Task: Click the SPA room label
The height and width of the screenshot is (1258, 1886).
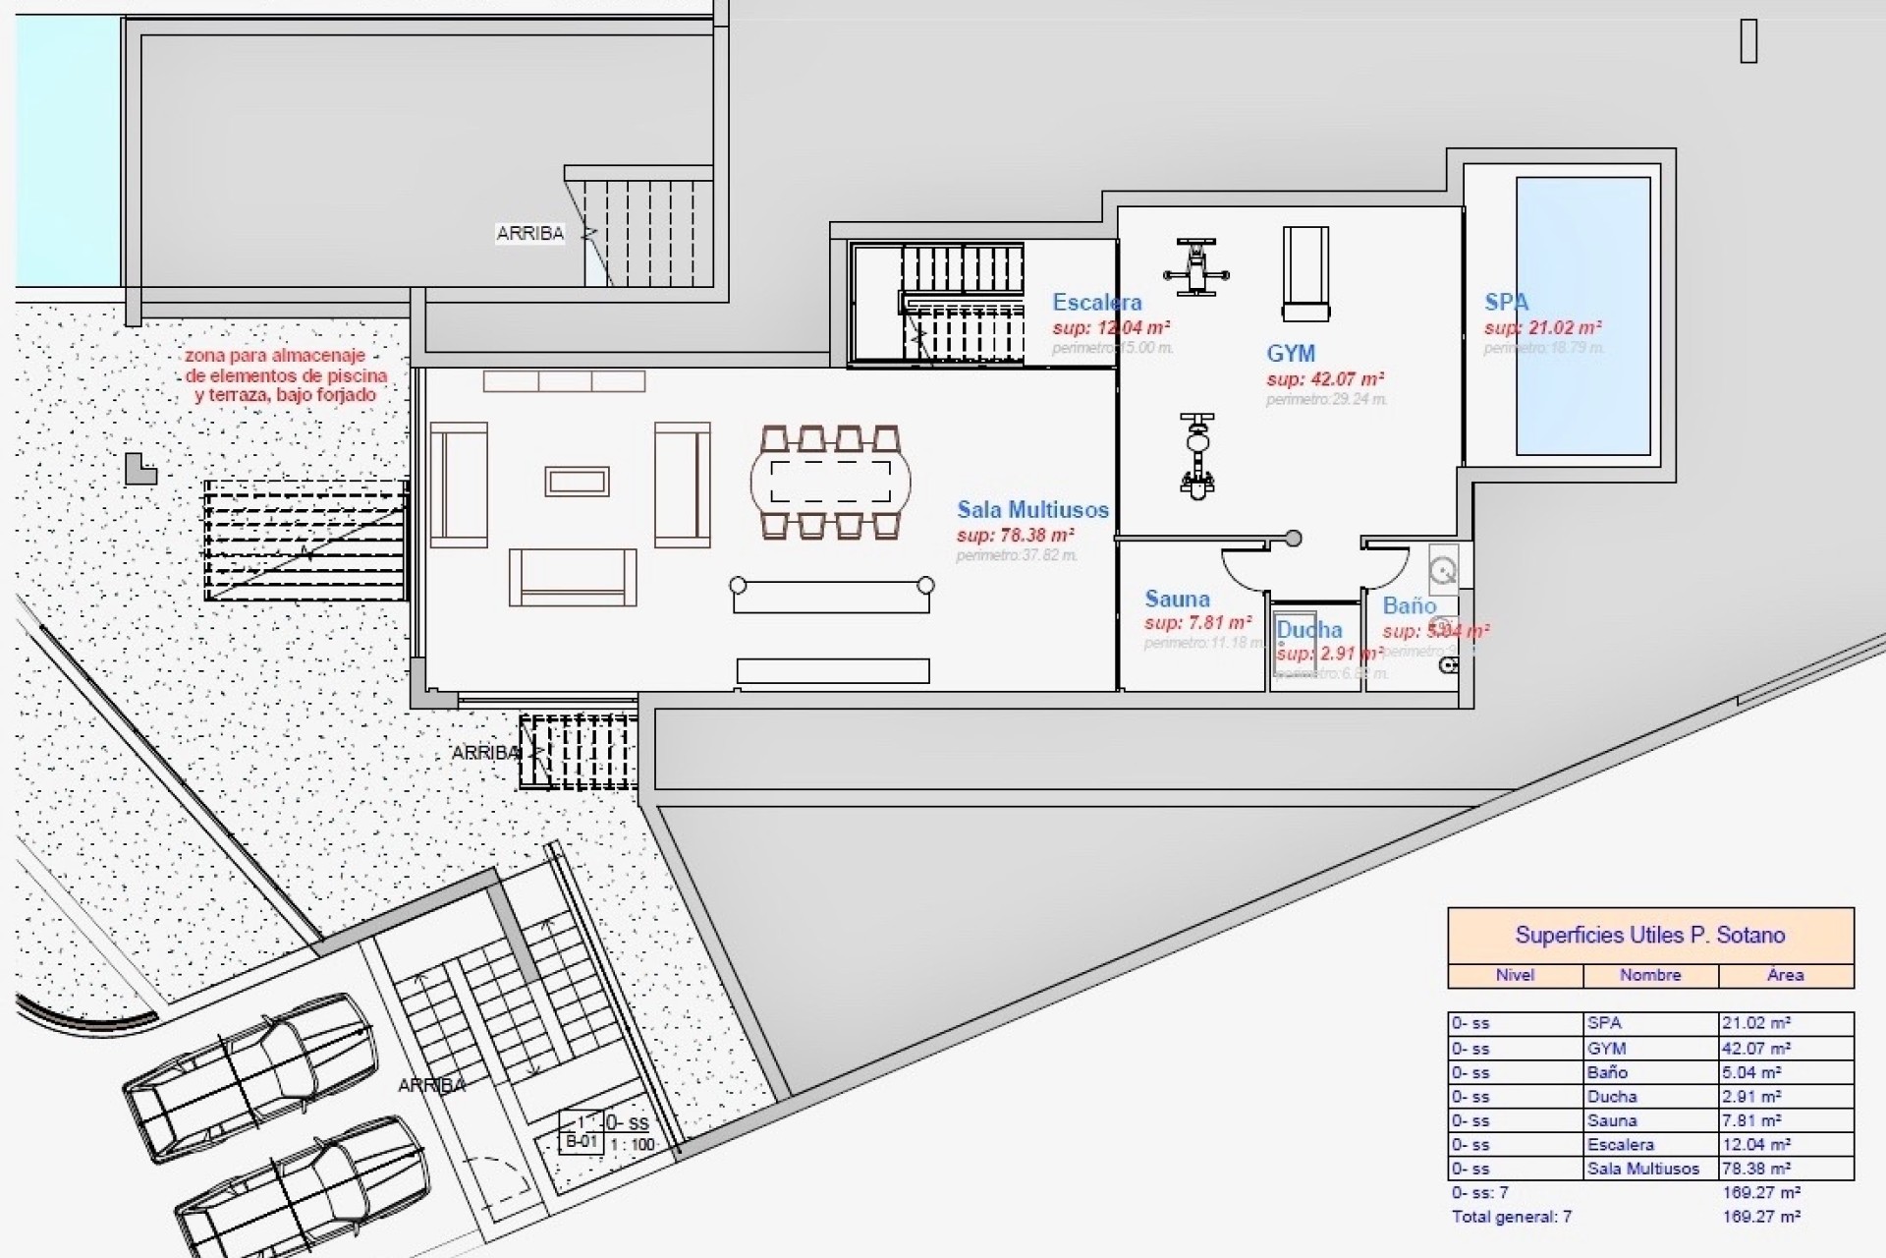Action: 1506,302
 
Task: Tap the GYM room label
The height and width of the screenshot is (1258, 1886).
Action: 1290,354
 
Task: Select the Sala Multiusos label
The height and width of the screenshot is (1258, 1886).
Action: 1032,509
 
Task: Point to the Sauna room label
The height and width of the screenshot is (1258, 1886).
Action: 1177,599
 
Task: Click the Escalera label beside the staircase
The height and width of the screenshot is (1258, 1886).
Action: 1096,303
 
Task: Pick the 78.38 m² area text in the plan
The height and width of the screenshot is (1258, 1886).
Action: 1015,536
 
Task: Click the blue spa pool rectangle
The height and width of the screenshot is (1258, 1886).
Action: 1581,315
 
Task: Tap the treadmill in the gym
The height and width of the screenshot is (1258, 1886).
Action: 1305,273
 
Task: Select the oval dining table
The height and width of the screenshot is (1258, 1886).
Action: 830,482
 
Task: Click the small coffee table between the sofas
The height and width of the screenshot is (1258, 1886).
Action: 578,482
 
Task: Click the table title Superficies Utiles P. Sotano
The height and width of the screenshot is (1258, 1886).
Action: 1649,935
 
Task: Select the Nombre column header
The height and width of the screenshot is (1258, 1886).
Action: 1650,975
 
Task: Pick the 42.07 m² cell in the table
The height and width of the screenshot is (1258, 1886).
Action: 1755,1049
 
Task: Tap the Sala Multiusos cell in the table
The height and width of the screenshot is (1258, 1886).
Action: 1642,1169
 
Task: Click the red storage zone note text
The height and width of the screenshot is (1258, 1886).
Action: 285,375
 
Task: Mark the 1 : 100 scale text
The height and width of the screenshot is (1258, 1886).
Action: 633,1144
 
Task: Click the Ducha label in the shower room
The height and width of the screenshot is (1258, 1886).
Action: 1308,629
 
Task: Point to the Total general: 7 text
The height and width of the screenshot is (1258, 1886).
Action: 1511,1217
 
